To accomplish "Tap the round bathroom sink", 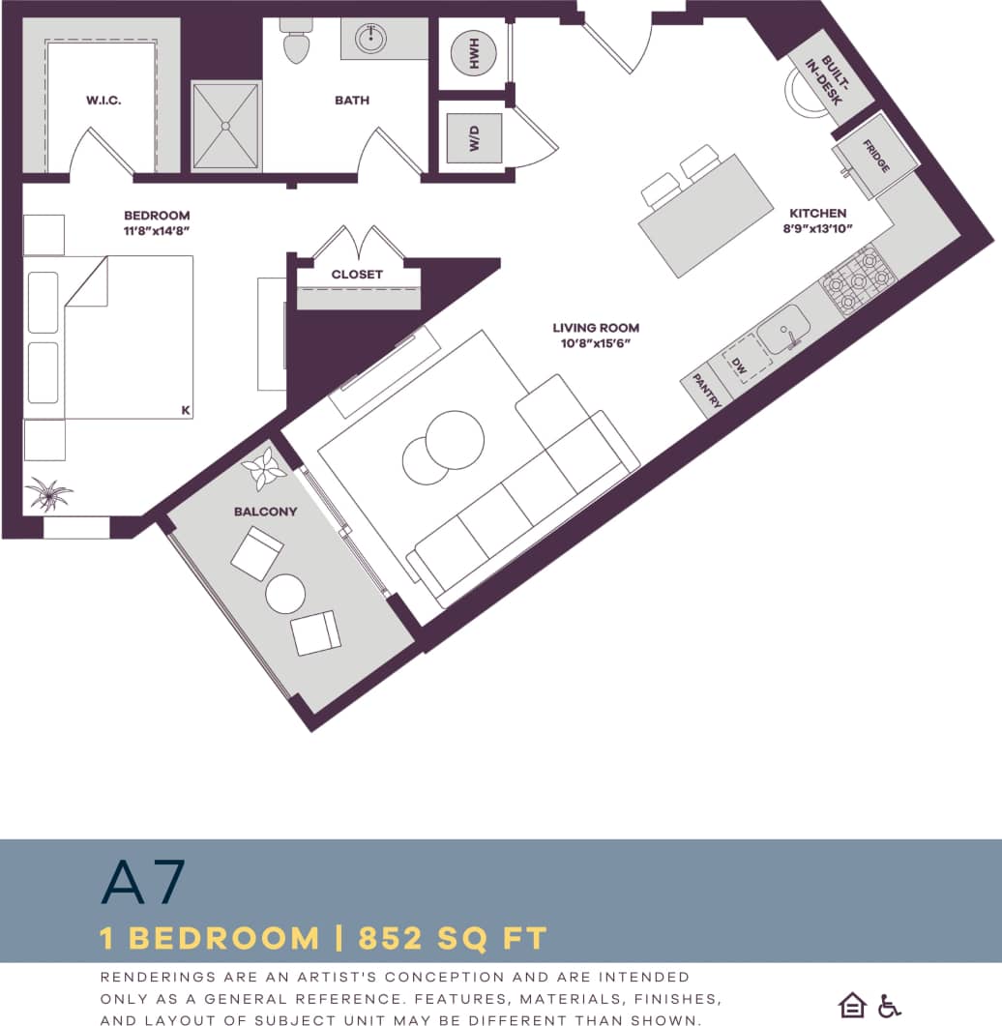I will (370, 40).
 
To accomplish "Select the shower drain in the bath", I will (226, 125).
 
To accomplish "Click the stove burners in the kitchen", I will (858, 280).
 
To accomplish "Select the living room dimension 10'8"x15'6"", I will (596, 344).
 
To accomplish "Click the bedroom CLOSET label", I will (357, 275).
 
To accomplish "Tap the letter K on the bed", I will (185, 411).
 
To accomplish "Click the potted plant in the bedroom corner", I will (48, 494).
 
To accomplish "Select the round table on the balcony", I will (285, 594).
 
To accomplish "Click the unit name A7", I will (142, 882).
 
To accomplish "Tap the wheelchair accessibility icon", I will (889, 1006).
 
